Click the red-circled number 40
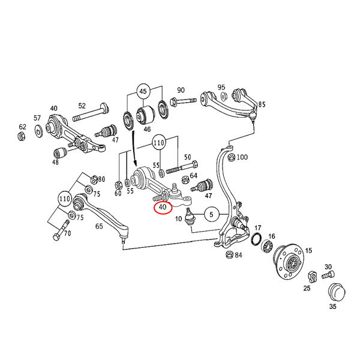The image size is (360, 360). (x=163, y=207)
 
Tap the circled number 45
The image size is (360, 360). (x=143, y=91)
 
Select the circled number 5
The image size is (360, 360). (x=211, y=215)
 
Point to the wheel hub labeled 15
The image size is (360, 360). (x=289, y=261)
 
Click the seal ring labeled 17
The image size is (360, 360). (x=256, y=239)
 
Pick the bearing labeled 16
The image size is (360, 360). (x=268, y=247)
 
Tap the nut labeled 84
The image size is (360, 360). (x=230, y=254)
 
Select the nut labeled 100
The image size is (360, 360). (x=232, y=157)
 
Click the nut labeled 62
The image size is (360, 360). (x=22, y=136)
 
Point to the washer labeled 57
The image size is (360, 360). (x=38, y=131)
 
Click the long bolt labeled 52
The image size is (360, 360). (x=91, y=113)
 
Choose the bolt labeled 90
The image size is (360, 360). (x=183, y=101)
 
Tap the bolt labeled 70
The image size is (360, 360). (x=61, y=230)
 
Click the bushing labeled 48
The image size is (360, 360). (x=60, y=153)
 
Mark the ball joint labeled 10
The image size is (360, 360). (x=190, y=217)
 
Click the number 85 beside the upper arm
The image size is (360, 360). (x=262, y=104)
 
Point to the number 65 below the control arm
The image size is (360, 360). (x=99, y=226)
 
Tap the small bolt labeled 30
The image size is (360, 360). (x=328, y=275)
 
